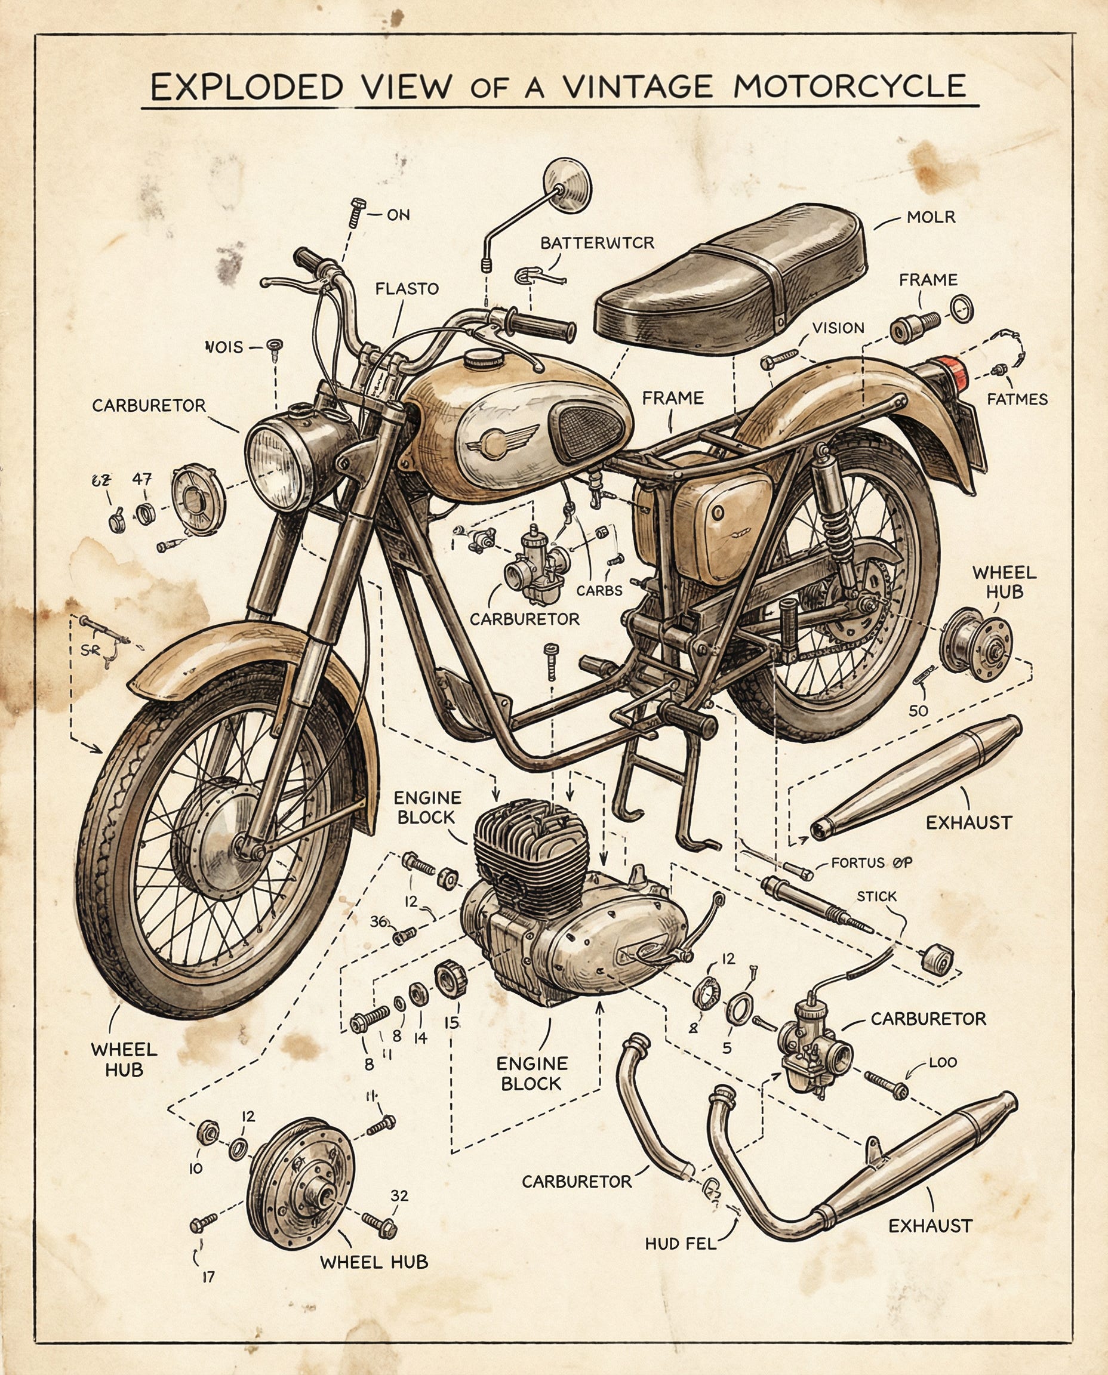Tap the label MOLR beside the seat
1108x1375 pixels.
(931, 218)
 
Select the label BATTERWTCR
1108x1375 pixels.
(598, 243)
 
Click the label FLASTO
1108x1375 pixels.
(407, 288)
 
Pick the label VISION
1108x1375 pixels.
(838, 328)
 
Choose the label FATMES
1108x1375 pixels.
(1017, 399)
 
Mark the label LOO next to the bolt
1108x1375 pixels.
(943, 1063)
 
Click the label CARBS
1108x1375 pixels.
(599, 590)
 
